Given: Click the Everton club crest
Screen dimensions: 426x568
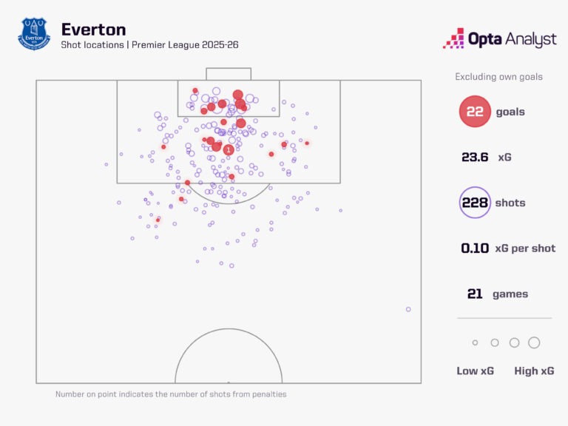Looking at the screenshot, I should [x=34, y=35].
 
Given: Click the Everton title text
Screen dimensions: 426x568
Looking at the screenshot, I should [x=93, y=30].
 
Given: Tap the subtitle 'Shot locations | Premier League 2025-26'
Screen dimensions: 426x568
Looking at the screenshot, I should [x=149, y=45].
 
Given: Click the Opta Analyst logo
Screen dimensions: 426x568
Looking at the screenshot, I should [x=499, y=38].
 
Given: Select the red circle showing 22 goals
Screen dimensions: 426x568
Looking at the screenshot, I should [x=475, y=112].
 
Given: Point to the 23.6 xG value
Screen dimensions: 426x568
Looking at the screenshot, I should [x=475, y=158].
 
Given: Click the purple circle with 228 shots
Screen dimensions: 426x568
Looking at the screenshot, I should [x=475, y=203].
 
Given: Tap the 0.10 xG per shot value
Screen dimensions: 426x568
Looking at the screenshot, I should [x=475, y=248].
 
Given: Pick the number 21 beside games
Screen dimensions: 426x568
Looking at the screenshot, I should [x=475, y=294].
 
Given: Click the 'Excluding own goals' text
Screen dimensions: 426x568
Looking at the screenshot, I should [x=498, y=77].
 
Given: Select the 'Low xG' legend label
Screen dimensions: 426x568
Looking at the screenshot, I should [x=476, y=371].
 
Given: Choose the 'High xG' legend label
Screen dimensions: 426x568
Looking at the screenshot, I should [x=534, y=371].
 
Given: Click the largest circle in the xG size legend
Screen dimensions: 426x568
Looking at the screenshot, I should [x=534, y=342].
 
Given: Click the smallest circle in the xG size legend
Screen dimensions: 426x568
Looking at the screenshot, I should [x=475, y=342].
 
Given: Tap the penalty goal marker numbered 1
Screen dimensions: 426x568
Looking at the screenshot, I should [x=228, y=150].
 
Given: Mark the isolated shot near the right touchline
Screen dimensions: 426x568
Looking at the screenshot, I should [x=408, y=309].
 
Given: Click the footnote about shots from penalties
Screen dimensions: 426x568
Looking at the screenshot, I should [x=171, y=394].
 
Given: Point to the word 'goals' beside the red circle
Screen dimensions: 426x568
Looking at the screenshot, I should [x=510, y=112].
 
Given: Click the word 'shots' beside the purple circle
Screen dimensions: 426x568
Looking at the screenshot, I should [x=510, y=203].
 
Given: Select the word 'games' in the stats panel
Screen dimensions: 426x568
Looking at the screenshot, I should [x=510, y=294].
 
